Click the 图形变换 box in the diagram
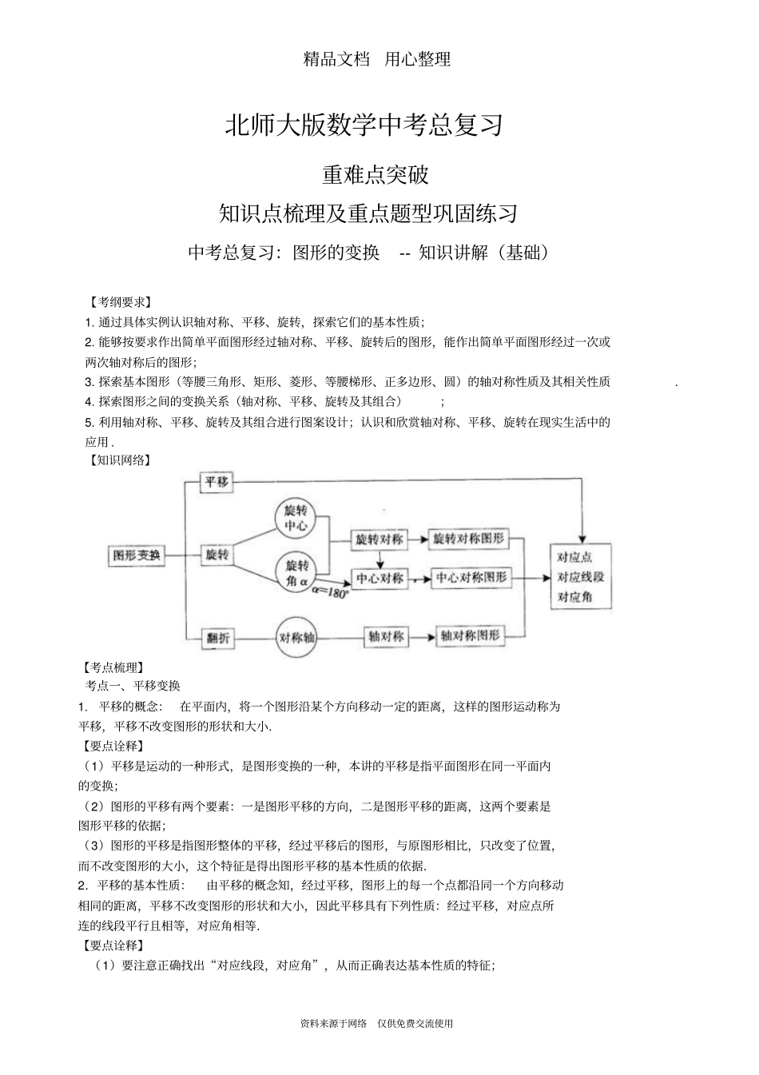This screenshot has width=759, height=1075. [x=137, y=555]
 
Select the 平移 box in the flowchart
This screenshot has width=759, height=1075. [x=217, y=482]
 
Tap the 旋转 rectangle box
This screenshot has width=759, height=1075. [x=217, y=555]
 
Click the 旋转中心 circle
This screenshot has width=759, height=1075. [x=296, y=518]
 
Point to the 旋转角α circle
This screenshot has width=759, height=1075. [x=296, y=571]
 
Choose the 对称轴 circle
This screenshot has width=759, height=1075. [x=296, y=637]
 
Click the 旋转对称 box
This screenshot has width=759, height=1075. [x=379, y=539]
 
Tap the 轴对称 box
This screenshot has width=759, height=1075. [x=386, y=637]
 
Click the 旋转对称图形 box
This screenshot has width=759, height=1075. [x=469, y=539]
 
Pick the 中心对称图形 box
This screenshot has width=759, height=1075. [x=471, y=577]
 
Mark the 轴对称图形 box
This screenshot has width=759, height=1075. [x=471, y=636]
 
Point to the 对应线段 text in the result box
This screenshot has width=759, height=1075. [x=581, y=577]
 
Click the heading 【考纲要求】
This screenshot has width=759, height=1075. [x=118, y=302]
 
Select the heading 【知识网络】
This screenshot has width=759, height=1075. [x=118, y=460]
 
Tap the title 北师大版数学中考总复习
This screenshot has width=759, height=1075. [x=364, y=125]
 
